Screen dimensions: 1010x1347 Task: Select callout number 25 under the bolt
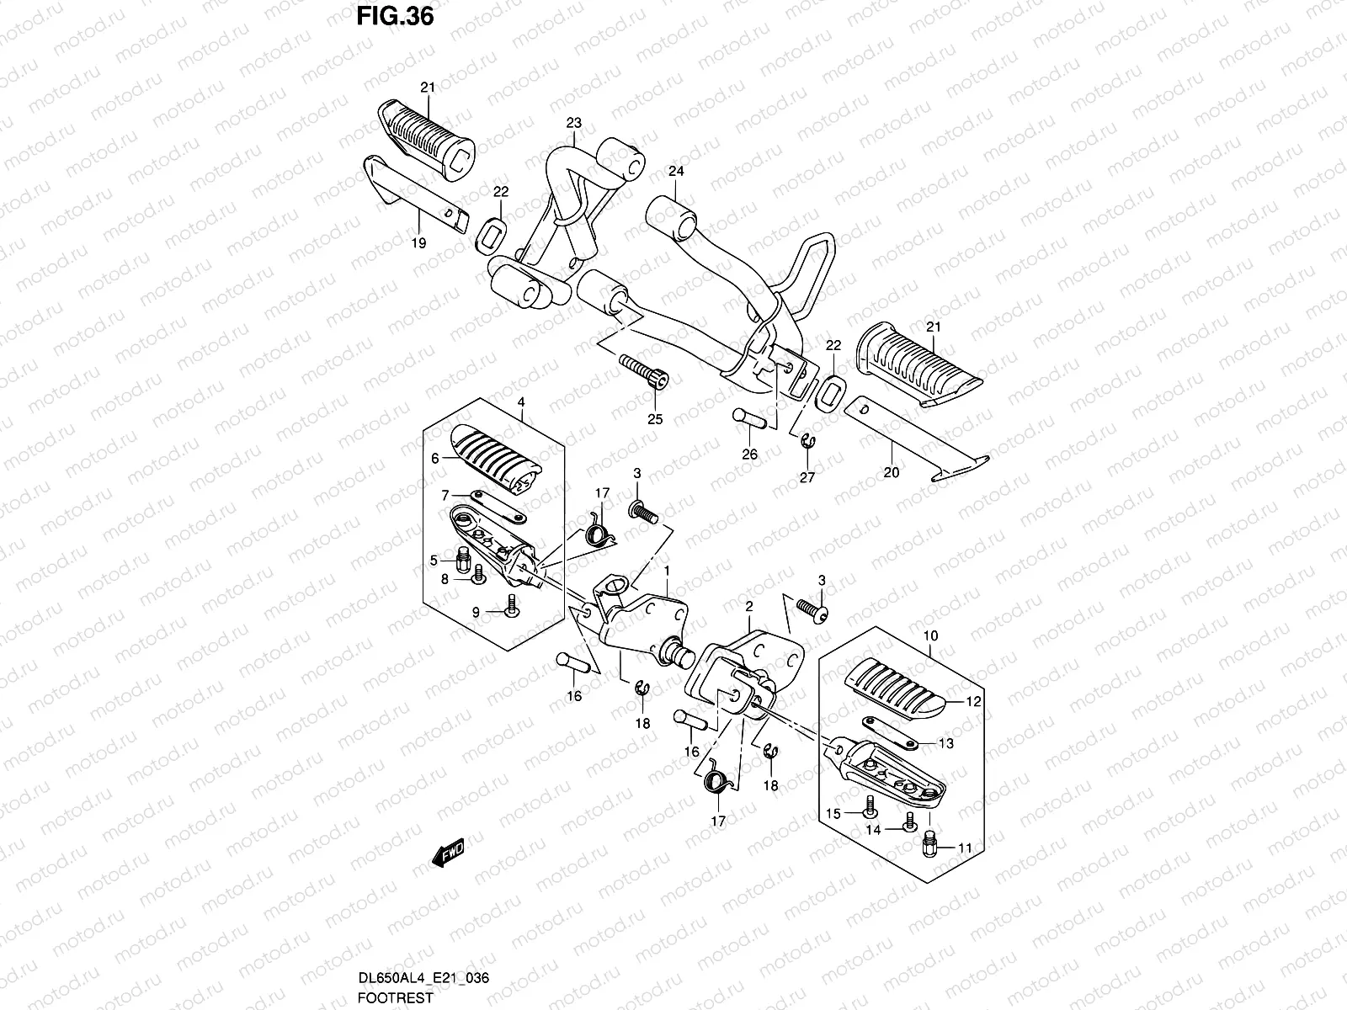(654, 418)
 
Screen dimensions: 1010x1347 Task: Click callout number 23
(573, 123)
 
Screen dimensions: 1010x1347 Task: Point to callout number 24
(676, 171)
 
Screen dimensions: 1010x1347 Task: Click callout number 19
(418, 242)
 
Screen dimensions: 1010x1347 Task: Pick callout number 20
(891, 472)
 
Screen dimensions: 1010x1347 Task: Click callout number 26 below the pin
(749, 454)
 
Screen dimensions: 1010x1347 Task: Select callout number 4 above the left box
(521, 402)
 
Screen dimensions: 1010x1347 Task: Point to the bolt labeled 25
(645, 370)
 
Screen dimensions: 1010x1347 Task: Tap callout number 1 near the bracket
(667, 570)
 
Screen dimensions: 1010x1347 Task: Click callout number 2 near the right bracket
(748, 605)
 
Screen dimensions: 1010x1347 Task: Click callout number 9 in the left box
(475, 613)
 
